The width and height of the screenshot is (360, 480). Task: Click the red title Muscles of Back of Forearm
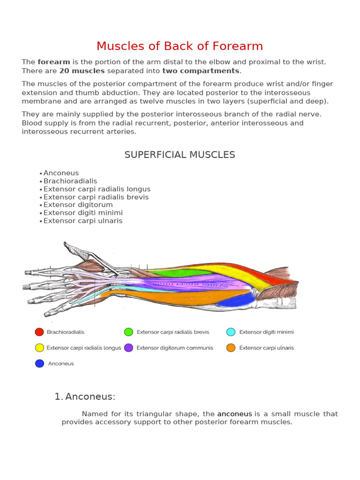[x=180, y=46]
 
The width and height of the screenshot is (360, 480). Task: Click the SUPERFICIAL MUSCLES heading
[x=180, y=155]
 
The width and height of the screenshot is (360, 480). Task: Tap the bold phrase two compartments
[x=201, y=71]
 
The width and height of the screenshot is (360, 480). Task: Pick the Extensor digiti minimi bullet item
[x=83, y=213]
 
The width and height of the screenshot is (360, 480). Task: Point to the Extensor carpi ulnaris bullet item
[x=83, y=221]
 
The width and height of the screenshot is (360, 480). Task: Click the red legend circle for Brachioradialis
[x=39, y=332]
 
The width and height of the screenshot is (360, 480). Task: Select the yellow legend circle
[x=39, y=348]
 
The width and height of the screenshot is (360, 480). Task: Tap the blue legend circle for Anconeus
[x=39, y=363]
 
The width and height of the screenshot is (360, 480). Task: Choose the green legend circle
[x=128, y=332]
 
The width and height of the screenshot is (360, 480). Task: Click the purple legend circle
[x=128, y=348]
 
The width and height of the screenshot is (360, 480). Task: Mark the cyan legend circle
[x=231, y=332]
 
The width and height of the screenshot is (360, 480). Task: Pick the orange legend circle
[x=231, y=348]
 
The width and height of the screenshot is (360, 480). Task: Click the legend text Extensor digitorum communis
[x=175, y=348]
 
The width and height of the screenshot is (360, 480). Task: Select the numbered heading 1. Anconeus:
[x=85, y=397]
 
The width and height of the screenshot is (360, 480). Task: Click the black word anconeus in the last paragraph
[x=234, y=414]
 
